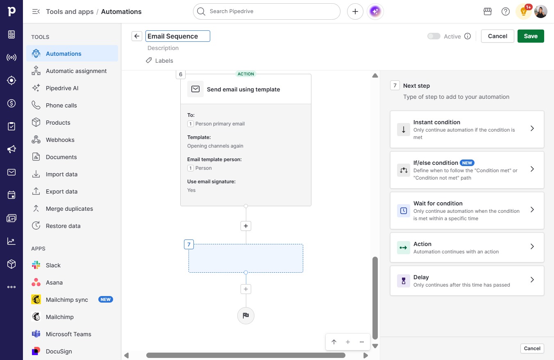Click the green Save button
point(531,36)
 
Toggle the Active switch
point(434,36)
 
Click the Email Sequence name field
point(177,36)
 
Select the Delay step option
point(467,280)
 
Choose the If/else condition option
point(467,170)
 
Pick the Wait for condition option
point(467,211)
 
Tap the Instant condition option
point(467,130)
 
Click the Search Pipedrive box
point(267,11)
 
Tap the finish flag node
point(245,315)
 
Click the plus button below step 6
point(245,226)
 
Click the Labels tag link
point(159,61)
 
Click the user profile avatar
point(540,11)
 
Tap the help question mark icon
point(506,11)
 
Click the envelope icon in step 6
point(195,89)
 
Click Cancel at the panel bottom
point(532,349)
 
